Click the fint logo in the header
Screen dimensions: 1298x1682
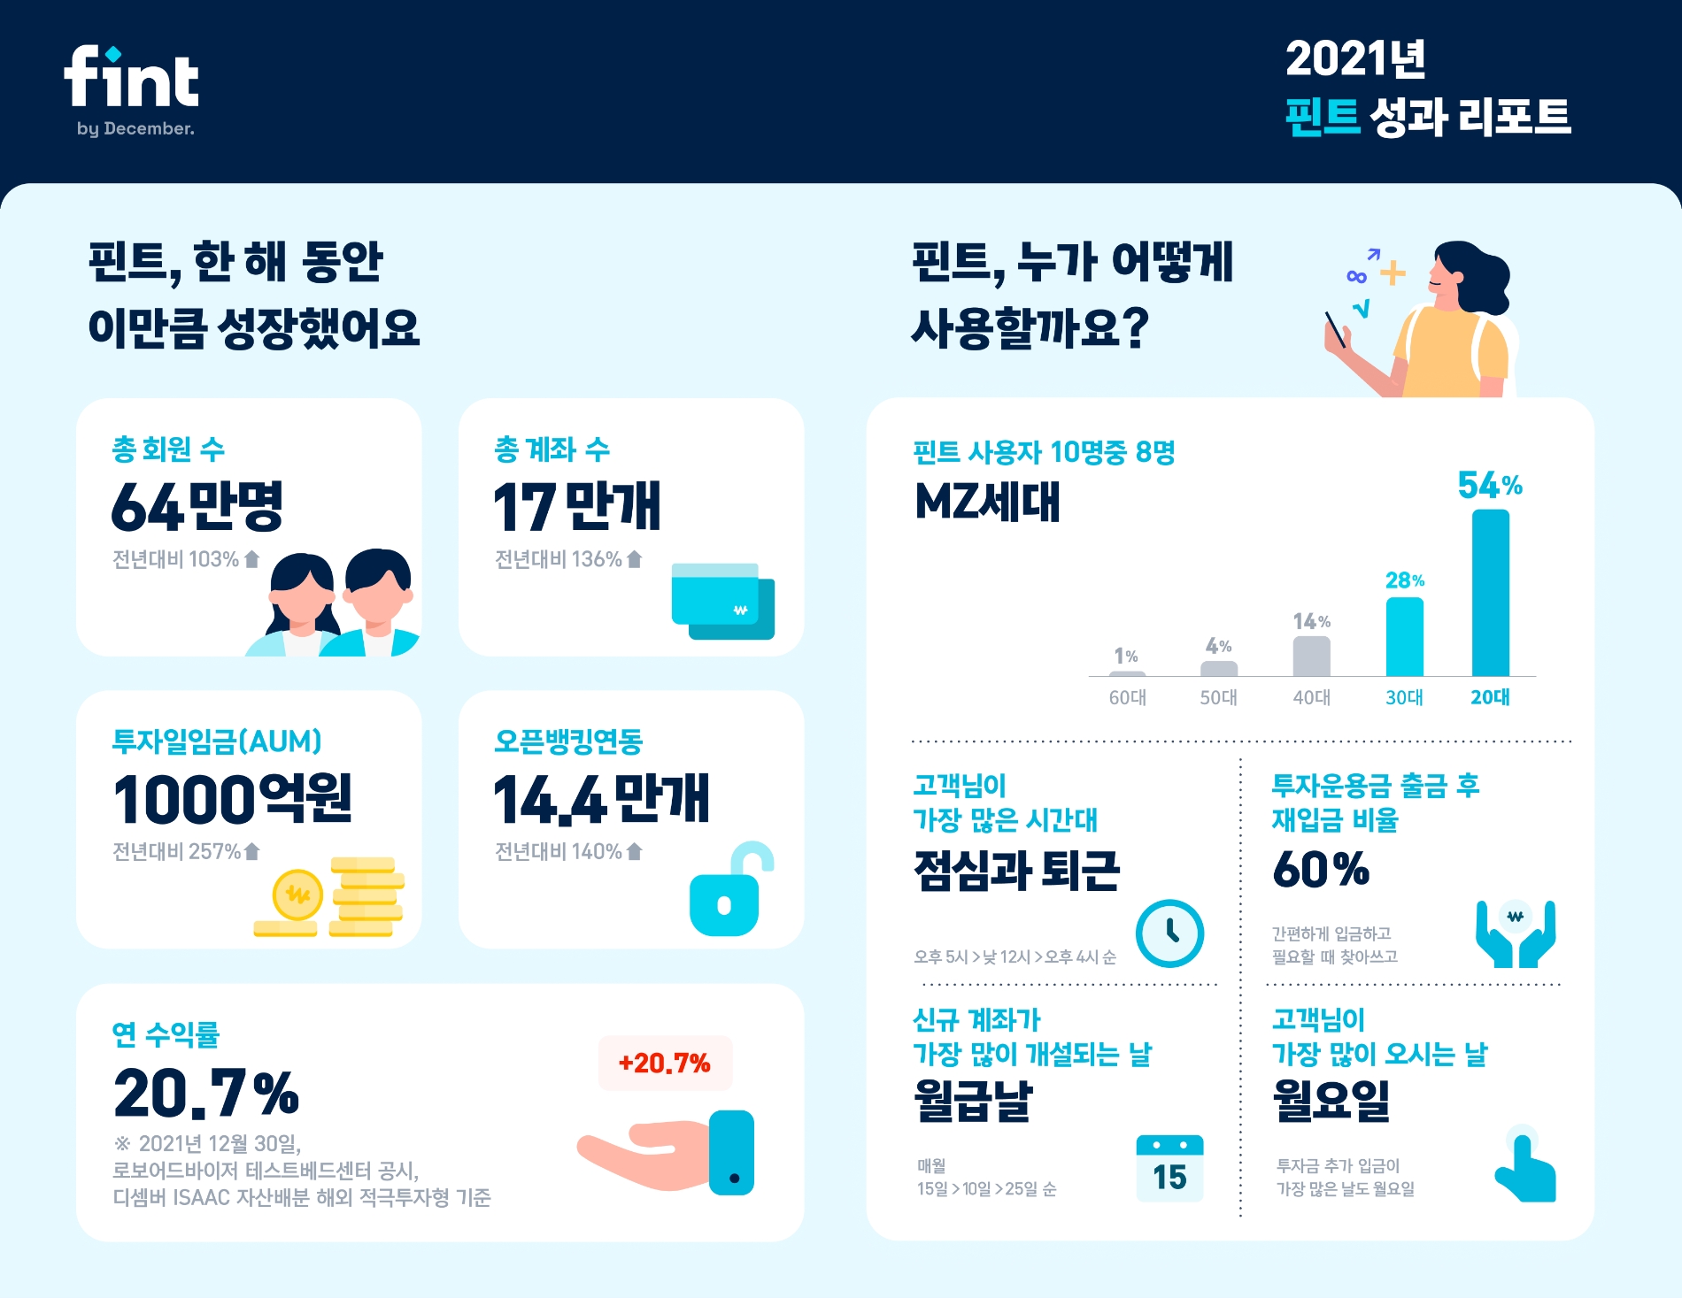(131, 79)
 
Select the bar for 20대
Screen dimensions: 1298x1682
(1490, 593)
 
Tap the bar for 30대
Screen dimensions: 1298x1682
(1404, 637)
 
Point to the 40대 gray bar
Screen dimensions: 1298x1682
(1311, 657)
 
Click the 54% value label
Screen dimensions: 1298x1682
(1489, 485)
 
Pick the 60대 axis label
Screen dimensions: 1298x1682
(1127, 697)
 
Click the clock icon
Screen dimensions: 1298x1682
(1169, 933)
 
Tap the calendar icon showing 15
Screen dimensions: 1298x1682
(1169, 1168)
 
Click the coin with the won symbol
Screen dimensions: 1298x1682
(297, 895)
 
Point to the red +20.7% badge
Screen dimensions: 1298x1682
(665, 1063)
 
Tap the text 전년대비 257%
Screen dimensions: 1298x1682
(177, 851)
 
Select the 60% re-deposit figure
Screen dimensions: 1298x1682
(1320, 869)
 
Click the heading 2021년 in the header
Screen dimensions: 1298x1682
(1354, 59)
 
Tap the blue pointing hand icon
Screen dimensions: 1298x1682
(1524, 1170)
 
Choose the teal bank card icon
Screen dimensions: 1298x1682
(721, 601)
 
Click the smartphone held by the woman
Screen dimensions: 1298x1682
(1335, 329)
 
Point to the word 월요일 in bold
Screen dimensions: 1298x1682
(1331, 1101)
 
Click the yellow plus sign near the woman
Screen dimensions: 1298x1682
(1393, 273)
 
